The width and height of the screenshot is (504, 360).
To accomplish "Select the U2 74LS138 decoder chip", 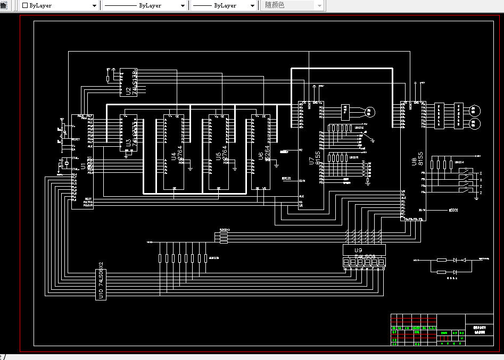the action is tap(128, 82).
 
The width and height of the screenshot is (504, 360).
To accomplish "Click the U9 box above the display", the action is tap(363, 250).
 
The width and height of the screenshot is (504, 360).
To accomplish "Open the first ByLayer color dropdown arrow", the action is tap(95, 5).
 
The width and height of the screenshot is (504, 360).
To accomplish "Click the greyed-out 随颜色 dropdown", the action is tap(293, 5).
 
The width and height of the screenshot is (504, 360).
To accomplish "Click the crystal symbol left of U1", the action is tap(65, 164).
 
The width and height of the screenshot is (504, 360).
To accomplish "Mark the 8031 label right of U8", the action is tap(453, 210).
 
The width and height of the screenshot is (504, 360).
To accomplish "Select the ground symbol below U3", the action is tap(126, 156).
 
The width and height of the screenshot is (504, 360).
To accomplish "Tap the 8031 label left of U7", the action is tap(286, 179).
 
